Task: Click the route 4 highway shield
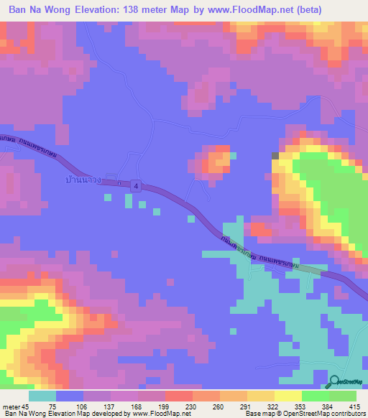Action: tap(137, 186)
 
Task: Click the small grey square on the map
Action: tap(275, 155)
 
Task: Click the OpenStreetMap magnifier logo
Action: tap(335, 383)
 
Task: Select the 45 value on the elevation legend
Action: tap(26, 407)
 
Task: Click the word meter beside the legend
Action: tap(11, 407)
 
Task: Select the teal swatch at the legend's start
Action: tap(42, 396)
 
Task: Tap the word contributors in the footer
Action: tap(346, 414)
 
